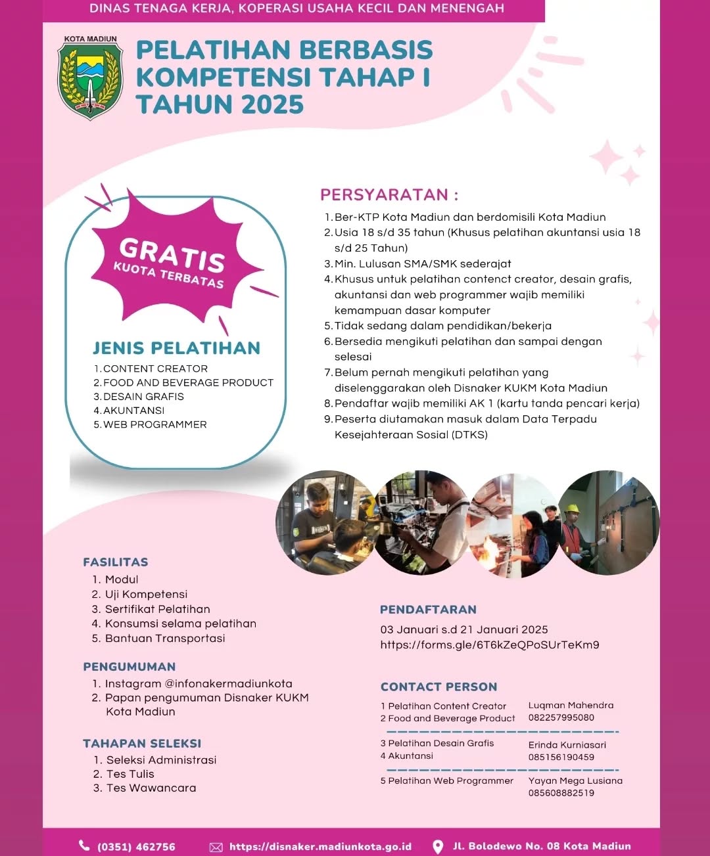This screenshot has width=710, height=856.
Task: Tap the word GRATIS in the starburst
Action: (x=172, y=254)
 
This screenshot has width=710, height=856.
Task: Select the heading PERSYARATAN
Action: (x=389, y=194)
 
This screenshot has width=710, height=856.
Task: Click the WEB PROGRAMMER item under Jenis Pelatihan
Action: (x=154, y=424)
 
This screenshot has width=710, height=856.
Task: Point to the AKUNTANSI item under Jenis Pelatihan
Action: (x=133, y=411)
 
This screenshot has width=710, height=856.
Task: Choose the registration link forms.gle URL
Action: (x=490, y=644)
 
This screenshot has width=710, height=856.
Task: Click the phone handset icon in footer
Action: (x=84, y=845)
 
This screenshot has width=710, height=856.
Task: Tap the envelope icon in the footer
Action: (x=216, y=847)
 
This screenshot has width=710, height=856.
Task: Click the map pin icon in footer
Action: (x=438, y=847)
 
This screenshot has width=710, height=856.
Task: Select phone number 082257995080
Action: (x=561, y=717)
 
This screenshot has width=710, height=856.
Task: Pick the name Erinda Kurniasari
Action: (x=567, y=745)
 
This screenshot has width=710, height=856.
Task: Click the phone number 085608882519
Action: (x=561, y=793)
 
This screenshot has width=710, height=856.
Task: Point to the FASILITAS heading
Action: (x=116, y=562)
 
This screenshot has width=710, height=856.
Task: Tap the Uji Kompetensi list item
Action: (x=146, y=594)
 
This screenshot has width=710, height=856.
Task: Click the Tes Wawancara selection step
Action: (x=151, y=788)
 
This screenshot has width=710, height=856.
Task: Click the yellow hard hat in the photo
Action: (x=572, y=508)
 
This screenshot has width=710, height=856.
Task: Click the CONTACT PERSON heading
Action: (x=438, y=687)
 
